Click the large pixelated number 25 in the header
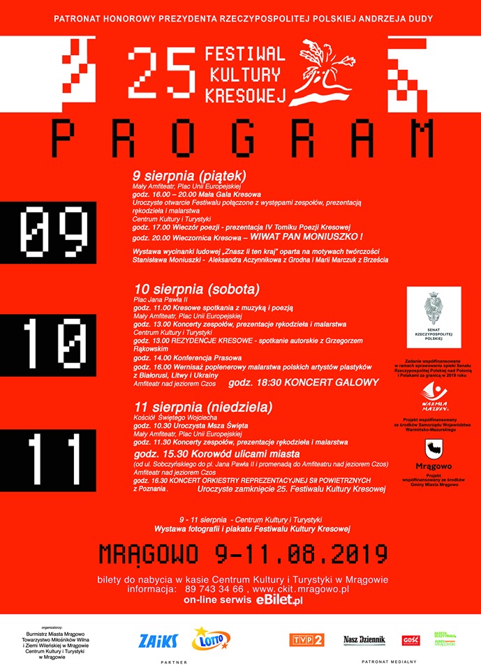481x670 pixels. [x=162, y=74]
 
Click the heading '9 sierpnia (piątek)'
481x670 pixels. [x=190, y=175]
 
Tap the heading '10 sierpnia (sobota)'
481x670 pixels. [x=196, y=288]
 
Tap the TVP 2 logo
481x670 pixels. [x=306, y=640]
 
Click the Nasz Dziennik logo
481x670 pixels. [x=364, y=640]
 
